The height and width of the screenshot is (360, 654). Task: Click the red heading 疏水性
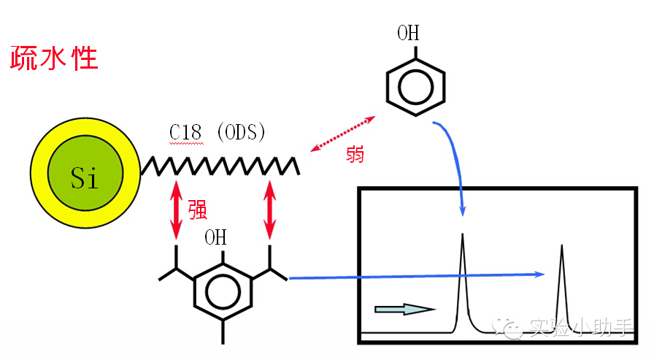pos(54,58)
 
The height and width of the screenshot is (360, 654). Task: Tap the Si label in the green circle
pos(85,176)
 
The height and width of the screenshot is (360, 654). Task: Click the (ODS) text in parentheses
pos(241,133)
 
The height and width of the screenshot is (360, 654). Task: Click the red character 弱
pos(355,154)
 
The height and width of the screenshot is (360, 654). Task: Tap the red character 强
pos(198,209)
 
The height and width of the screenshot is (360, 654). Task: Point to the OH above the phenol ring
pos(409,34)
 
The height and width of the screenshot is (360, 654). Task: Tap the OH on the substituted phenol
pos(215,238)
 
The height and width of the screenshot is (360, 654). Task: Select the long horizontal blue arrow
pos(416,276)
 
